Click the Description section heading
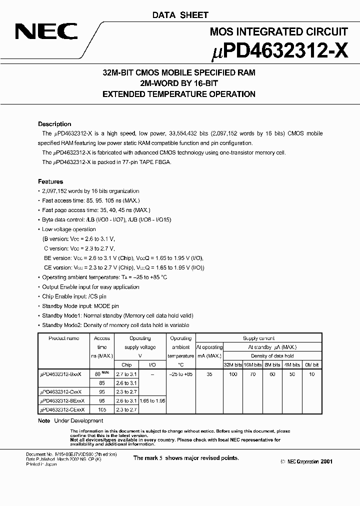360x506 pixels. point(54,124)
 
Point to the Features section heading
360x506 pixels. point(50,181)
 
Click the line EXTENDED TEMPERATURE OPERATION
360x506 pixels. point(179,94)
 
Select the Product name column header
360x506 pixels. point(63,338)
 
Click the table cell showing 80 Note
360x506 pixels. point(101,373)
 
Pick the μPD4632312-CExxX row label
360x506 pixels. point(62,409)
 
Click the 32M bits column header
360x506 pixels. point(233,365)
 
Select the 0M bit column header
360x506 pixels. point(311,365)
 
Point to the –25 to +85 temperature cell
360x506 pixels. point(180,374)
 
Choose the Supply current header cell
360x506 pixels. point(258,338)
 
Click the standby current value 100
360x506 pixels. point(233,374)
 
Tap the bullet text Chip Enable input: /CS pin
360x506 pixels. point(74,296)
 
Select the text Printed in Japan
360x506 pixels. point(41,464)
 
